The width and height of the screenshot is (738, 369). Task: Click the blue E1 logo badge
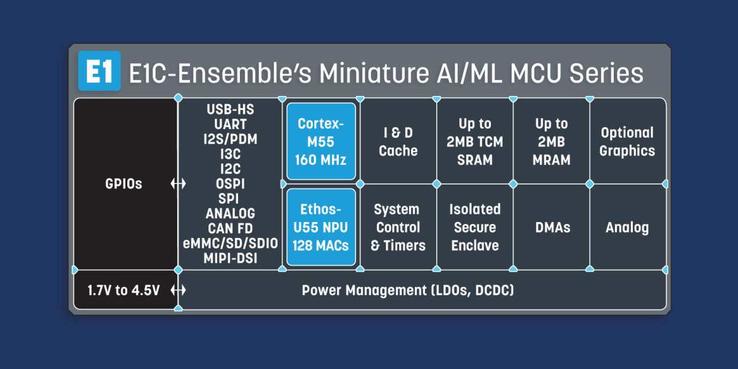click(x=100, y=71)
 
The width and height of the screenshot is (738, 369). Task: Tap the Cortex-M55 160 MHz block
click(x=321, y=141)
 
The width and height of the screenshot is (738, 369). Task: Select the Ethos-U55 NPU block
click(x=321, y=227)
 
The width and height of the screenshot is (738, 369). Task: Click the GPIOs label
click(x=124, y=184)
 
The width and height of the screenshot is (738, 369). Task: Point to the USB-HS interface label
click(x=230, y=109)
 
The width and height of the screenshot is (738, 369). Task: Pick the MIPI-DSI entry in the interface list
click(x=230, y=258)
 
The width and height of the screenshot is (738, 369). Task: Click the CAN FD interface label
click(x=230, y=228)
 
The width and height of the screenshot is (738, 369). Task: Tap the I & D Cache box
click(x=399, y=141)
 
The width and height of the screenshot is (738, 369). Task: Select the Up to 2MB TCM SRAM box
click(x=475, y=141)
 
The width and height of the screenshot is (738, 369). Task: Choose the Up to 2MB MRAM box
click(x=551, y=141)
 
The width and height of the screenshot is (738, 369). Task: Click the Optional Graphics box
click(x=627, y=141)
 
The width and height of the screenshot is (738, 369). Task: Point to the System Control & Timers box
click(x=399, y=227)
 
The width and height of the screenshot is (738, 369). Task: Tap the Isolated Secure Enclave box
click(x=475, y=227)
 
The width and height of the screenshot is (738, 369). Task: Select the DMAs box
click(x=551, y=227)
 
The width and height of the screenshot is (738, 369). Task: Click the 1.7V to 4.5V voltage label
click(x=124, y=290)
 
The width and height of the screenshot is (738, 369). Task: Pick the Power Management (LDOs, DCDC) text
click(x=408, y=290)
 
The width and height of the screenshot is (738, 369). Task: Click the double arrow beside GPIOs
click(x=178, y=183)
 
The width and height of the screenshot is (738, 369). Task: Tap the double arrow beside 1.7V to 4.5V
click(x=178, y=290)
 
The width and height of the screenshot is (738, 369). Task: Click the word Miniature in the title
click(x=375, y=73)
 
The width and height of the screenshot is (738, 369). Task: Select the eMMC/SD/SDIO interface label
click(x=230, y=244)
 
